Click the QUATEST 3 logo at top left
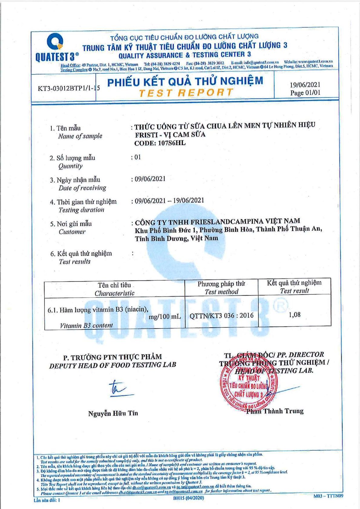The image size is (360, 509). coord(56,48)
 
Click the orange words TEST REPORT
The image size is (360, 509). coord(186,93)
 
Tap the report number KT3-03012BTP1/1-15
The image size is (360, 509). coord(69,88)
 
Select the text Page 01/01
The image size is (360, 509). coord(305,93)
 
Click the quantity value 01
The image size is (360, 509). coord(137,157)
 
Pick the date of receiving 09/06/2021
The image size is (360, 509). coord(150,179)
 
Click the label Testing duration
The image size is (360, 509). coord(81,210)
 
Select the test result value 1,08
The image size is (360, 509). coord(294,315)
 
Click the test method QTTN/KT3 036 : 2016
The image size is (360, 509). coord(221,316)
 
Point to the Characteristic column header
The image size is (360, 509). coord(114,293)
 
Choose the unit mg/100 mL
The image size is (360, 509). coord(165,317)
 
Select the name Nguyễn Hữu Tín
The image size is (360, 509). coord(113,413)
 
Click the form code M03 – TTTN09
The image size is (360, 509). coord(328,496)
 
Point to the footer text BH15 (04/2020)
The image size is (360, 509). coord(188,498)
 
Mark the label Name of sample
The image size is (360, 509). coord(80,136)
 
